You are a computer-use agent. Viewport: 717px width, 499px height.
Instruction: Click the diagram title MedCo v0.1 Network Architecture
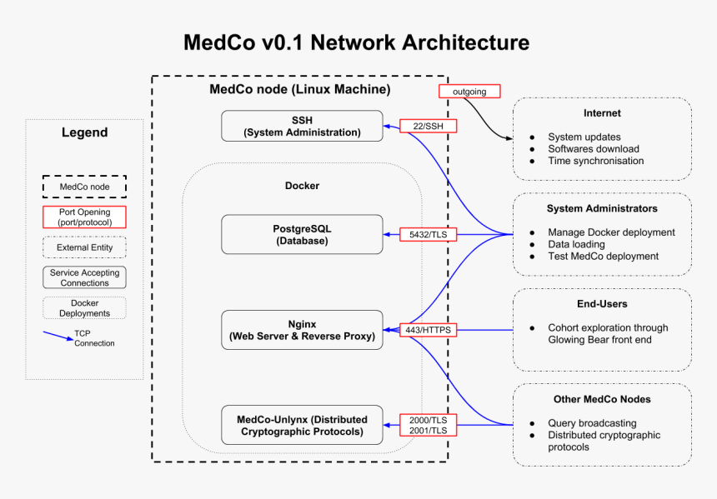pos(356,42)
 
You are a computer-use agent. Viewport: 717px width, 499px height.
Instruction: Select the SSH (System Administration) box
pos(302,126)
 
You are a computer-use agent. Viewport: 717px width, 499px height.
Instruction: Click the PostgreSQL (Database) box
pos(302,234)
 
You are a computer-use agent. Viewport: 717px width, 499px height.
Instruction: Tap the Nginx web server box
pos(302,330)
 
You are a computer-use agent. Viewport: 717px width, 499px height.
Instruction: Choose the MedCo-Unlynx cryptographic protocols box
pos(302,425)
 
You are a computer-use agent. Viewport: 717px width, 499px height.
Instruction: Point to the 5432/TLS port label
pos(428,235)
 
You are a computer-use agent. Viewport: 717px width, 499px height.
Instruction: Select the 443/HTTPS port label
pos(428,330)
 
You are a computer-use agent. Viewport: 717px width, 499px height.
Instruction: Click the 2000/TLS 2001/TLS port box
pos(428,425)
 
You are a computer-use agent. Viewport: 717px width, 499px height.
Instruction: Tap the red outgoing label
pos(469,91)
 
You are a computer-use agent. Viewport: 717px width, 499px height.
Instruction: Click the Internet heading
pos(602,113)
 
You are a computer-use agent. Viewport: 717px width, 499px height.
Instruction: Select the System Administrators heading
pos(602,208)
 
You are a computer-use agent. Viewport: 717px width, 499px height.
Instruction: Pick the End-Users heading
pos(602,304)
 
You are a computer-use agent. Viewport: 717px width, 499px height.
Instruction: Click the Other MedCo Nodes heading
pos(602,399)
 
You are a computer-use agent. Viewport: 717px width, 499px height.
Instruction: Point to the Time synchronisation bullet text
pos(595,161)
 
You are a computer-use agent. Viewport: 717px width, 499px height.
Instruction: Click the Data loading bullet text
pos(576,244)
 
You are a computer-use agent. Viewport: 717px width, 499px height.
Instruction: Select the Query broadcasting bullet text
pos(592,423)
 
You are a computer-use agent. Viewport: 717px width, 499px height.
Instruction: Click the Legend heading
pos(84,132)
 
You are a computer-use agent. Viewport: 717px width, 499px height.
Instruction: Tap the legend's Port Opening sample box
pos(84,217)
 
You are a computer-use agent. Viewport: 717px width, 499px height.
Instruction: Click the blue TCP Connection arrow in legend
pos(58,336)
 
